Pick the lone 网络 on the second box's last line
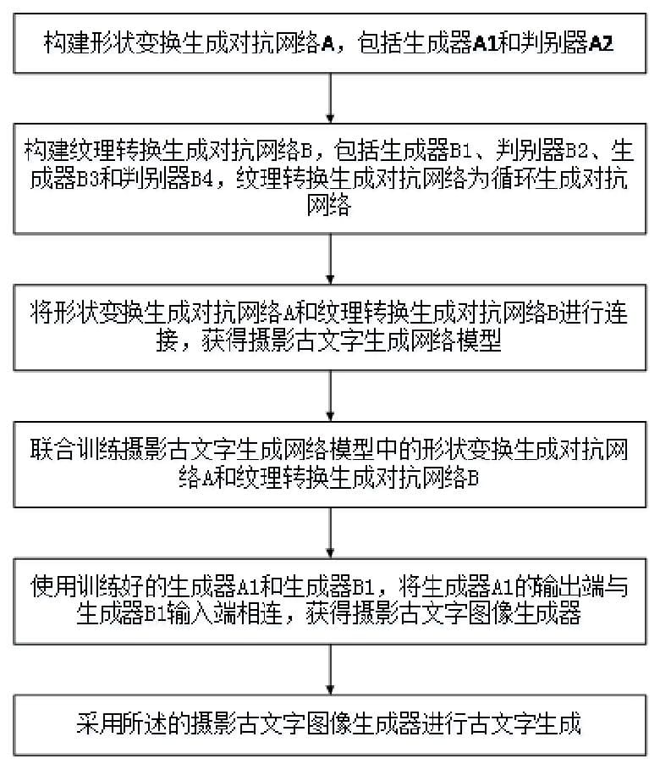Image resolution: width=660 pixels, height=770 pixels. (330, 206)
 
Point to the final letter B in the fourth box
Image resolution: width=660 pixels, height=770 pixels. (474, 477)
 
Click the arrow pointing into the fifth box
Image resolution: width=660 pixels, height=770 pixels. (330, 532)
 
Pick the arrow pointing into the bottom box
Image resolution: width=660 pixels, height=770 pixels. (330, 669)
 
